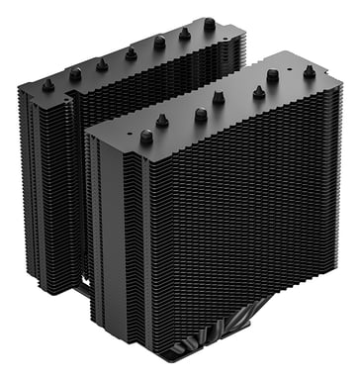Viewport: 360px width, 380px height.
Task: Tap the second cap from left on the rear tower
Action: click(75, 73)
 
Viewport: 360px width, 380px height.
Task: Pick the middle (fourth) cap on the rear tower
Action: click(132, 53)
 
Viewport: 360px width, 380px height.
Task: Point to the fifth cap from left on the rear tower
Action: click(159, 43)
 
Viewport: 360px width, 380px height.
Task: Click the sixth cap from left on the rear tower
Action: click(184, 34)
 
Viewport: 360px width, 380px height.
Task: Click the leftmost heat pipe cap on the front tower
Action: click(147, 139)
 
